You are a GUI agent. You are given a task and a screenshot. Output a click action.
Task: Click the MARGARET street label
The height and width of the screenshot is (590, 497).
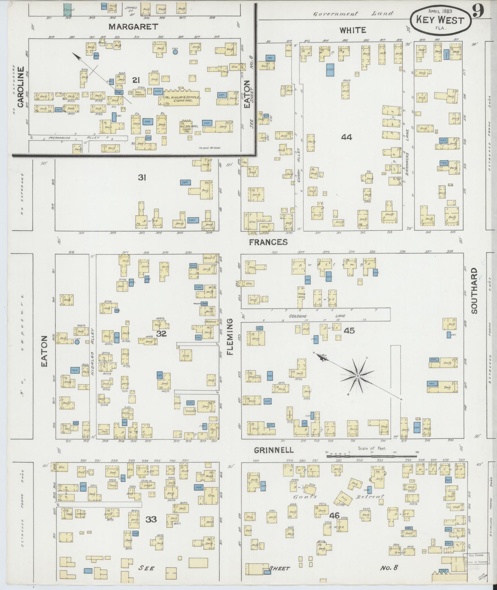point(133,27)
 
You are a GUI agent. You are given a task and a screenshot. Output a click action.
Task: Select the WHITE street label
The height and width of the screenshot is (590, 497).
point(353,30)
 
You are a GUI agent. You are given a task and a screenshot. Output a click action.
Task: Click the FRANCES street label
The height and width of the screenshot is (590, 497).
point(268,242)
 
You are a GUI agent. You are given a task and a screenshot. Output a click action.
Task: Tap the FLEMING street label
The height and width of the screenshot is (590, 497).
point(230,337)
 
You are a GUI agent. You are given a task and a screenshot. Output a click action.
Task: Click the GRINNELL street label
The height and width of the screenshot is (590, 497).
point(274,450)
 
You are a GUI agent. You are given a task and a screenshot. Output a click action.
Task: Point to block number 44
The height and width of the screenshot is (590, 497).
point(346,137)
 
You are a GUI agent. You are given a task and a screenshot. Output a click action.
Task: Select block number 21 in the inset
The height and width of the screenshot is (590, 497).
point(136,80)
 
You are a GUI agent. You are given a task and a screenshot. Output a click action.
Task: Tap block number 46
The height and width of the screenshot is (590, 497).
point(334,515)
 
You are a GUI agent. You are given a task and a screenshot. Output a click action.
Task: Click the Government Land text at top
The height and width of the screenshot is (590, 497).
point(353,14)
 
